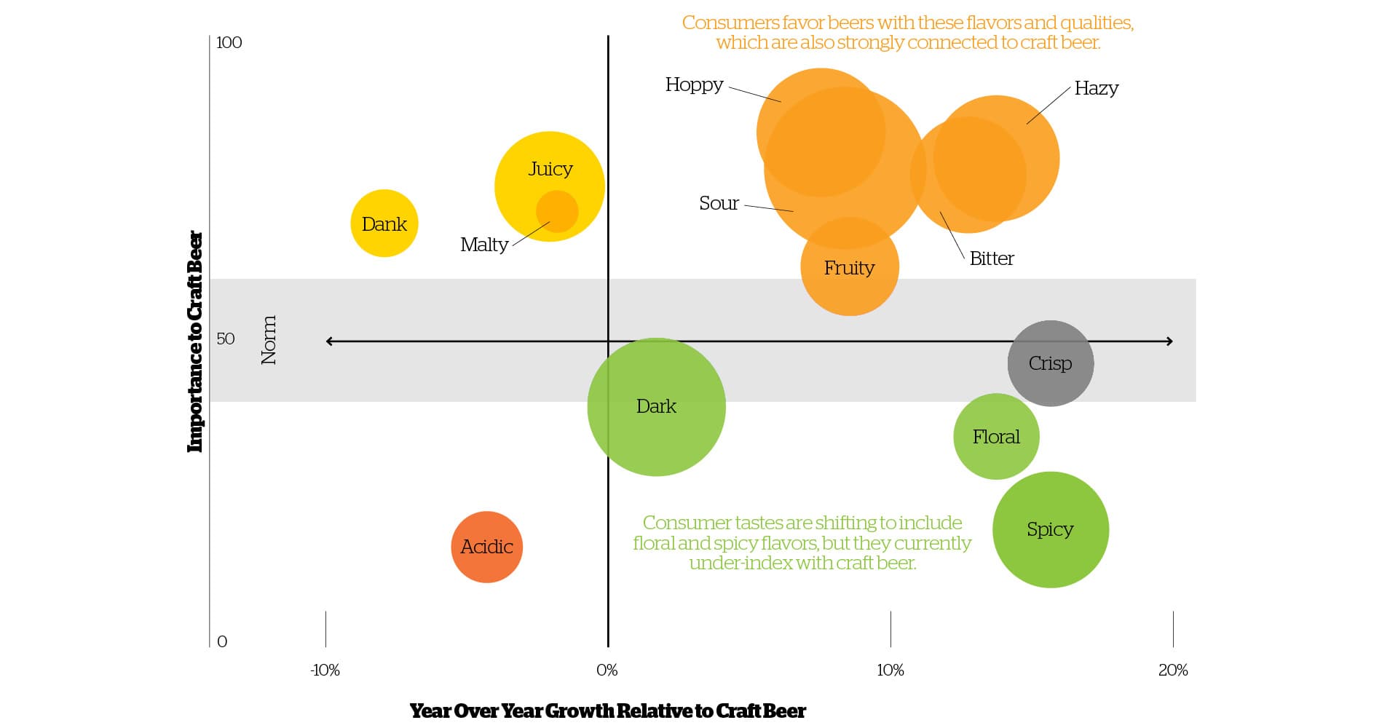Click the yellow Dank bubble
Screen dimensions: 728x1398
384,223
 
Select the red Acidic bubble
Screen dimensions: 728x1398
486,547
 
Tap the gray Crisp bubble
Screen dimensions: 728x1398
1050,363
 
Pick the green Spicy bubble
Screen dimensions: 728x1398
1050,529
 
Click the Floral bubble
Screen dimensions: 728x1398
995,436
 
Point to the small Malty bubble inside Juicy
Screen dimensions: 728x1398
557,212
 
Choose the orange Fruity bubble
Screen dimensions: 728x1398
849,268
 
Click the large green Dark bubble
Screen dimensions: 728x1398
656,406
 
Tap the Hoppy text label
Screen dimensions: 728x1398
694,85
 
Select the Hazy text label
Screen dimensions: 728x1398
1096,89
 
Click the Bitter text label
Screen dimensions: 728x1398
991,258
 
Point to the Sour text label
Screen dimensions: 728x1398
719,203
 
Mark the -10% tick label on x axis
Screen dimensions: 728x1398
325,670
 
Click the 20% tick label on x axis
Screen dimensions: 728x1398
1172,670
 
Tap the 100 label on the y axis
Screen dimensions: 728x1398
229,42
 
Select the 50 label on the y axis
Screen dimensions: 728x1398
225,339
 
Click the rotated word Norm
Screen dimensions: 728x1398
269,340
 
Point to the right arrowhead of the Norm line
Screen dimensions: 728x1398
1169,341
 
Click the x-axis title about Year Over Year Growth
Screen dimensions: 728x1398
607,711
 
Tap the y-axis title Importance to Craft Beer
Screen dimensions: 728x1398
194,341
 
